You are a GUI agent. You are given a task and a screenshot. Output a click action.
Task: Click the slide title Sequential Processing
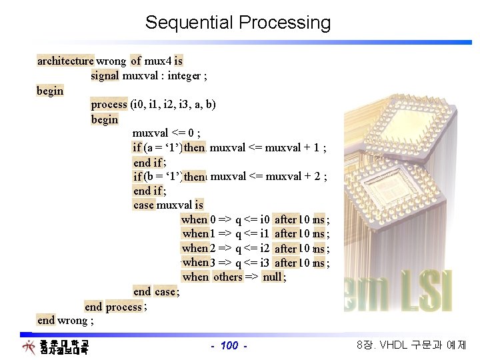pos(238,23)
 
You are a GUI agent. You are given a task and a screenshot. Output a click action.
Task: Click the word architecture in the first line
pos(65,61)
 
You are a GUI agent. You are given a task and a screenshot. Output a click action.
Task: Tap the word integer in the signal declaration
pos(180,75)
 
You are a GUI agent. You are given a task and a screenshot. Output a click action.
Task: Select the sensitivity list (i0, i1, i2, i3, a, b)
pos(173,105)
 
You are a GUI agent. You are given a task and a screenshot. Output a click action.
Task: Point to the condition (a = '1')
pos(163,147)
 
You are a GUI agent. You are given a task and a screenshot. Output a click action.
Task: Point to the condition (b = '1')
pos(163,177)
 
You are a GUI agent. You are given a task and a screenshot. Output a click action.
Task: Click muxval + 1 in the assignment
pos(292,147)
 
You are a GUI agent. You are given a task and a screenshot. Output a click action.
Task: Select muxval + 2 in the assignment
pos(292,177)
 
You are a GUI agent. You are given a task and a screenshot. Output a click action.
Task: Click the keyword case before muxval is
pos(143,205)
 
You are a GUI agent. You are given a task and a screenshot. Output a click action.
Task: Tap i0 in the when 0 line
pos(265,219)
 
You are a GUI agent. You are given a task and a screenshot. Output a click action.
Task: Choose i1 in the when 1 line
pos(265,234)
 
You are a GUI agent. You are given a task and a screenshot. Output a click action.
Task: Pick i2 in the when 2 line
pos(265,249)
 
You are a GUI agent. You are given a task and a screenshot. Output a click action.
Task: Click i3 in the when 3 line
pos(265,263)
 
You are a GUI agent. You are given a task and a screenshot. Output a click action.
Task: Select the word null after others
pos(272,277)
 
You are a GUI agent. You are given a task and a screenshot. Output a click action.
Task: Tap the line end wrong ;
pos(65,321)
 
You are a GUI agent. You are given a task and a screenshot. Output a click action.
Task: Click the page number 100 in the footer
pos(229,345)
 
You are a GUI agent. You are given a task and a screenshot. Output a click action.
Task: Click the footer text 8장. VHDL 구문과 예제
pos(412,345)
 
